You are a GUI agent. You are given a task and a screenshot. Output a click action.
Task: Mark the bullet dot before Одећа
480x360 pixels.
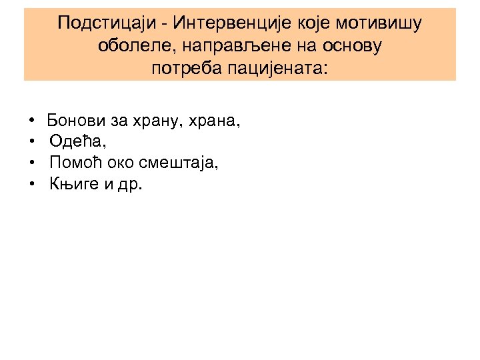[x=32, y=143]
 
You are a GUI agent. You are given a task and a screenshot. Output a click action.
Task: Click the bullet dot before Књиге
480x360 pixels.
[x=32, y=184]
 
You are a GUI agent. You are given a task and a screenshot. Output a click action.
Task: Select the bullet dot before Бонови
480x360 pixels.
[x=32, y=122]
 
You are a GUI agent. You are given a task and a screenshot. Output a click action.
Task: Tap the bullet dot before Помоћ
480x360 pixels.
[x=32, y=163]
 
